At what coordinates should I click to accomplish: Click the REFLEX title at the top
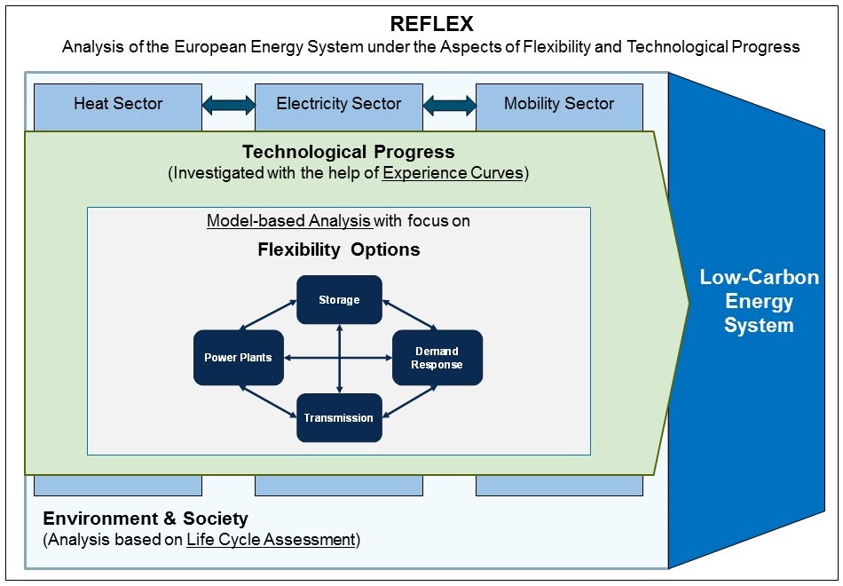(431, 24)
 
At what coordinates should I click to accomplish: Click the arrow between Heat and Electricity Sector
(228, 105)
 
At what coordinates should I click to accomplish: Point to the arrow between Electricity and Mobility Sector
(450, 105)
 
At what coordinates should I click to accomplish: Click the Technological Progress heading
(349, 152)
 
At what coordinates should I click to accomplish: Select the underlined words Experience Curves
(453, 173)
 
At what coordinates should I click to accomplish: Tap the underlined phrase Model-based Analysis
(289, 220)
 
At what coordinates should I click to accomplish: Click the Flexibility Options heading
(339, 249)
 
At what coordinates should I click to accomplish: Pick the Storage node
(339, 300)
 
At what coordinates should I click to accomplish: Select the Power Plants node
(238, 357)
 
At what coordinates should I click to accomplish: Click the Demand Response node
(437, 357)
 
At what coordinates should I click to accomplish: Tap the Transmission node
(339, 417)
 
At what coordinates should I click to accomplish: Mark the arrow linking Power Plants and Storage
(268, 315)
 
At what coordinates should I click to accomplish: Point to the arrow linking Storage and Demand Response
(410, 315)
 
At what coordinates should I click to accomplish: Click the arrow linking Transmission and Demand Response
(410, 401)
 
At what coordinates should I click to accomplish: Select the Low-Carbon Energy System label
(759, 301)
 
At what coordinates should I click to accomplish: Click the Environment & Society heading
(146, 519)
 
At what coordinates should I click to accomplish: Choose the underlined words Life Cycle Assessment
(271, 540)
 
